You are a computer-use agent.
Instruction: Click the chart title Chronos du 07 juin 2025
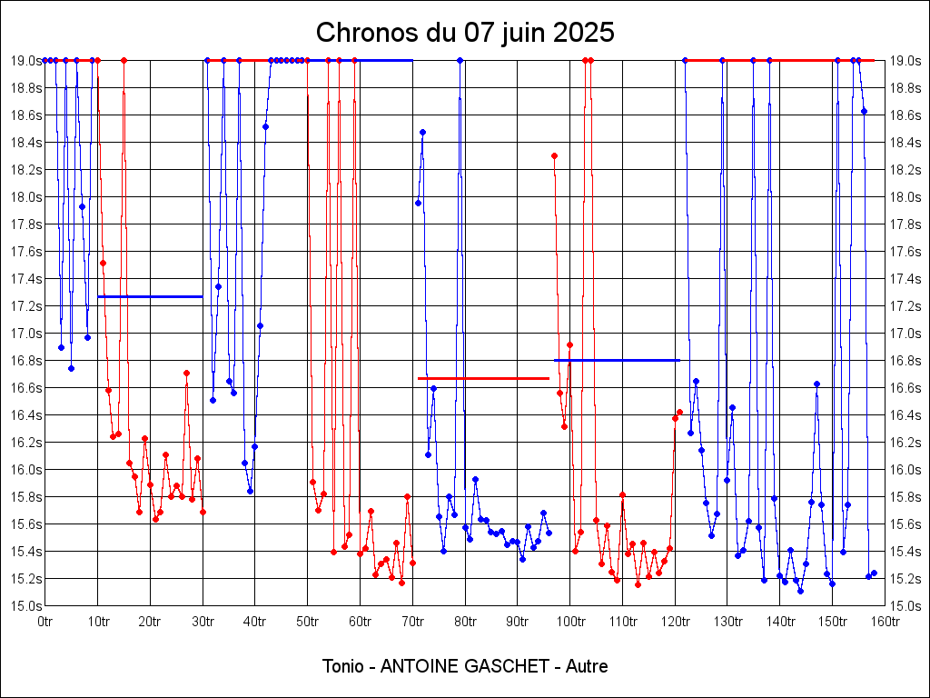[465, 33]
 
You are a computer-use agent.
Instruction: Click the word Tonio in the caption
[342, 666]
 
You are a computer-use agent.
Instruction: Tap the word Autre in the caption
[587, 666]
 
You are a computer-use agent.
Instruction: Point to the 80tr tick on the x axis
[465, 622]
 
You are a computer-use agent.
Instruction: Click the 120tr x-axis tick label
[675, 622]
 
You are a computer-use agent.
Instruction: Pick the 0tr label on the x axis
[45, 622]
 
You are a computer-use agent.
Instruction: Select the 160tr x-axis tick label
[885, 622]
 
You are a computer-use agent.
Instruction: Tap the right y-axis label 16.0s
[905, 470]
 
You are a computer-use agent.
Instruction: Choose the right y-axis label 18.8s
[905, 88]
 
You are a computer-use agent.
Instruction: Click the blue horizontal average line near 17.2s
[150, 296]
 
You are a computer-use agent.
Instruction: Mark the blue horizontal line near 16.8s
[617, 360]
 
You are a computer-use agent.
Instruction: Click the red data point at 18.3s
[554, 155]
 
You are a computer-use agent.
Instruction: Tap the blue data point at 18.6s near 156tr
[864, 111]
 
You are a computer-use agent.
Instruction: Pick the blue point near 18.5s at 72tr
[422, 132]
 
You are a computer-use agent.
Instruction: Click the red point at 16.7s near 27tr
[186, 373]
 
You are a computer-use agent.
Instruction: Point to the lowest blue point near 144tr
[800, 591]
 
